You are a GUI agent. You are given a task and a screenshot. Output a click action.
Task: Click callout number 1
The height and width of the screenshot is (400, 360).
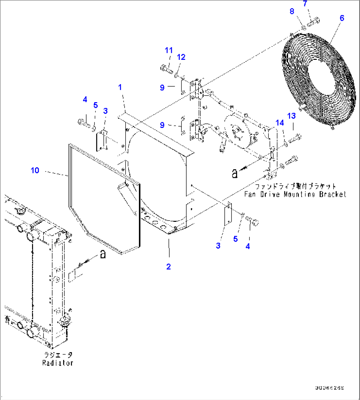coord(120,87)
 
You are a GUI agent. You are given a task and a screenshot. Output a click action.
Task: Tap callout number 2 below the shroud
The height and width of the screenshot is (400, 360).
coord(168,266)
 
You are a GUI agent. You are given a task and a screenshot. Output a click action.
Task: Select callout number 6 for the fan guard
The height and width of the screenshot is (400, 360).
coord(342,18)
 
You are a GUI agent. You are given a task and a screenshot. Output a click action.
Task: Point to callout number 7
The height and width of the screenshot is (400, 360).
coord(305,4)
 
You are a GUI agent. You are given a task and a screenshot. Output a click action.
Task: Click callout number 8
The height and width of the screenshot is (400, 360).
coord(292,12)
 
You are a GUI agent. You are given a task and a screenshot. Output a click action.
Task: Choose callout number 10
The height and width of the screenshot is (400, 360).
coord(35,170)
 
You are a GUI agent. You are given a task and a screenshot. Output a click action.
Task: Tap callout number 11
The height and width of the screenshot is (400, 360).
coord(169,50)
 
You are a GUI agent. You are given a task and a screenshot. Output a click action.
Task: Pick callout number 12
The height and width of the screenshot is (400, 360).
coord(181,57)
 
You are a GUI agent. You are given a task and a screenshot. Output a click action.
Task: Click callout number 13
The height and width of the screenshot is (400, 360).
coord(291,116)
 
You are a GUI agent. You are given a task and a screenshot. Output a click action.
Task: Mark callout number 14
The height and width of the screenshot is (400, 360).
coord(280,123)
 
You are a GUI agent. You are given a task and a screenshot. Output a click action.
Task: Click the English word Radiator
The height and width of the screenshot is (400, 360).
coord(57,363)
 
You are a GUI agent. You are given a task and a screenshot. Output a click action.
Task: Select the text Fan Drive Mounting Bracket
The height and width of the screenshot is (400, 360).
coord(295,194)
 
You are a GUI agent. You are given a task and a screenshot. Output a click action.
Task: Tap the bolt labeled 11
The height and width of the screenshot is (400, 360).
coord(166,69)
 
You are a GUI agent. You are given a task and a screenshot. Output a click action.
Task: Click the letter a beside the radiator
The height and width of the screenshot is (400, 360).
coord(103,254)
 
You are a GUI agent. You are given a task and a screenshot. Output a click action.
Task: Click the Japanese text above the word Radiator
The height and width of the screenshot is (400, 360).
coord(58,355)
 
